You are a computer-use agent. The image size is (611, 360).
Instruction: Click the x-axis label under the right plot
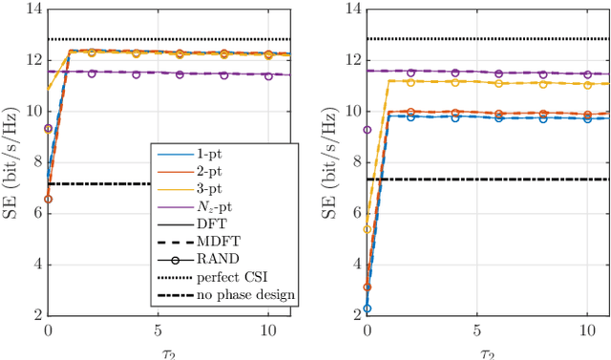(488, 352)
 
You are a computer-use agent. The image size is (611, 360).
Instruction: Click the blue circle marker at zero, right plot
(368, 308)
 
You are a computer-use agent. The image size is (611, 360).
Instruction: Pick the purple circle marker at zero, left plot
(48, 128)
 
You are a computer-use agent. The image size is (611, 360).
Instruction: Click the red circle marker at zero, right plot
(368, 287)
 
